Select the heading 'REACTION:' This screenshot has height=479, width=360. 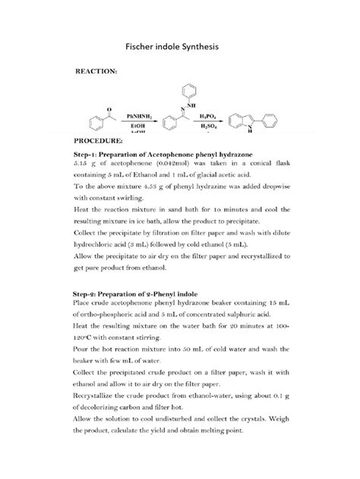tap(95, 71)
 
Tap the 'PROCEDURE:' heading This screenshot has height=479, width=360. tap(97, 140)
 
